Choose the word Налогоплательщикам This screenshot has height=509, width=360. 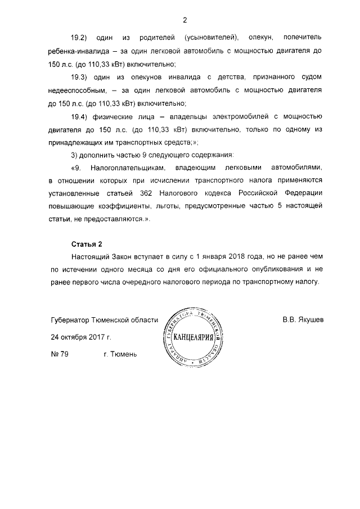coord(128,168)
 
